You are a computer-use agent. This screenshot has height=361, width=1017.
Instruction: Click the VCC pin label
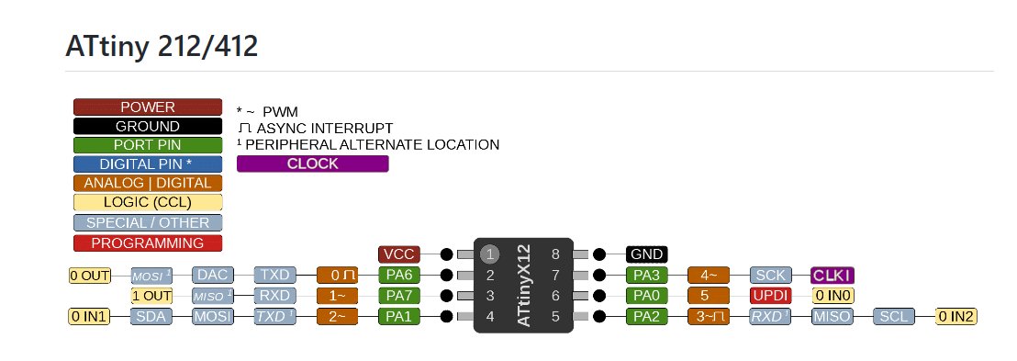399,254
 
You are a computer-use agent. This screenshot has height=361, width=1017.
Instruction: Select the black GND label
647,254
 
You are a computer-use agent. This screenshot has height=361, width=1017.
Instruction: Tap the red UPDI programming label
770,296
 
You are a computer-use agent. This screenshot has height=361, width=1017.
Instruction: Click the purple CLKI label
833,275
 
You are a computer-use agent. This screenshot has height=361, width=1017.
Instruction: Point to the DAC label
212,275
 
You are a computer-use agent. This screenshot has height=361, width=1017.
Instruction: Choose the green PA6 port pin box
399,275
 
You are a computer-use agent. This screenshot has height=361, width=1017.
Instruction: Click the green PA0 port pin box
647,296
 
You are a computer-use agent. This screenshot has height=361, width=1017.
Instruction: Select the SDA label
150,317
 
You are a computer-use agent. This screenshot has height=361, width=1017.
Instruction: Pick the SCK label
770,275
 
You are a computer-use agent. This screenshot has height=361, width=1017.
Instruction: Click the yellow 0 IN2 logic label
956,317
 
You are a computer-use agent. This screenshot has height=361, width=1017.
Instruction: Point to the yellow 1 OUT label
151,296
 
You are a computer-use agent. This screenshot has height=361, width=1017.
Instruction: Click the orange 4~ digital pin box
709,275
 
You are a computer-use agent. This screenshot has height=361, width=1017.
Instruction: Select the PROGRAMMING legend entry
148,243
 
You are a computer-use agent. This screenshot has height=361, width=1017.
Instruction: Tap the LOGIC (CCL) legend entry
148,203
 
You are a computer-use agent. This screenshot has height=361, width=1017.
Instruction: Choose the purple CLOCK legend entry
312,164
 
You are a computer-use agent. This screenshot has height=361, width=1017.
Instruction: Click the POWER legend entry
148,107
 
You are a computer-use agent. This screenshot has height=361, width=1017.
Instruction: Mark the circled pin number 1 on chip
491,254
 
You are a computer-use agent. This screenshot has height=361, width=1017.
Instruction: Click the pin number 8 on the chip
554,254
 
